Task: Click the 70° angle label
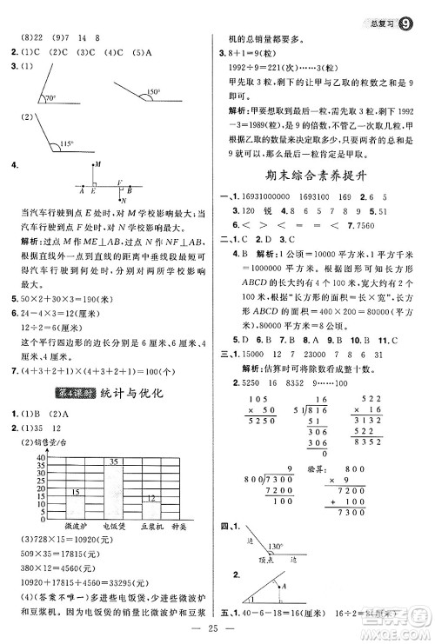pos(51,98)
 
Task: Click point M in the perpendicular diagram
pos(97,164)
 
